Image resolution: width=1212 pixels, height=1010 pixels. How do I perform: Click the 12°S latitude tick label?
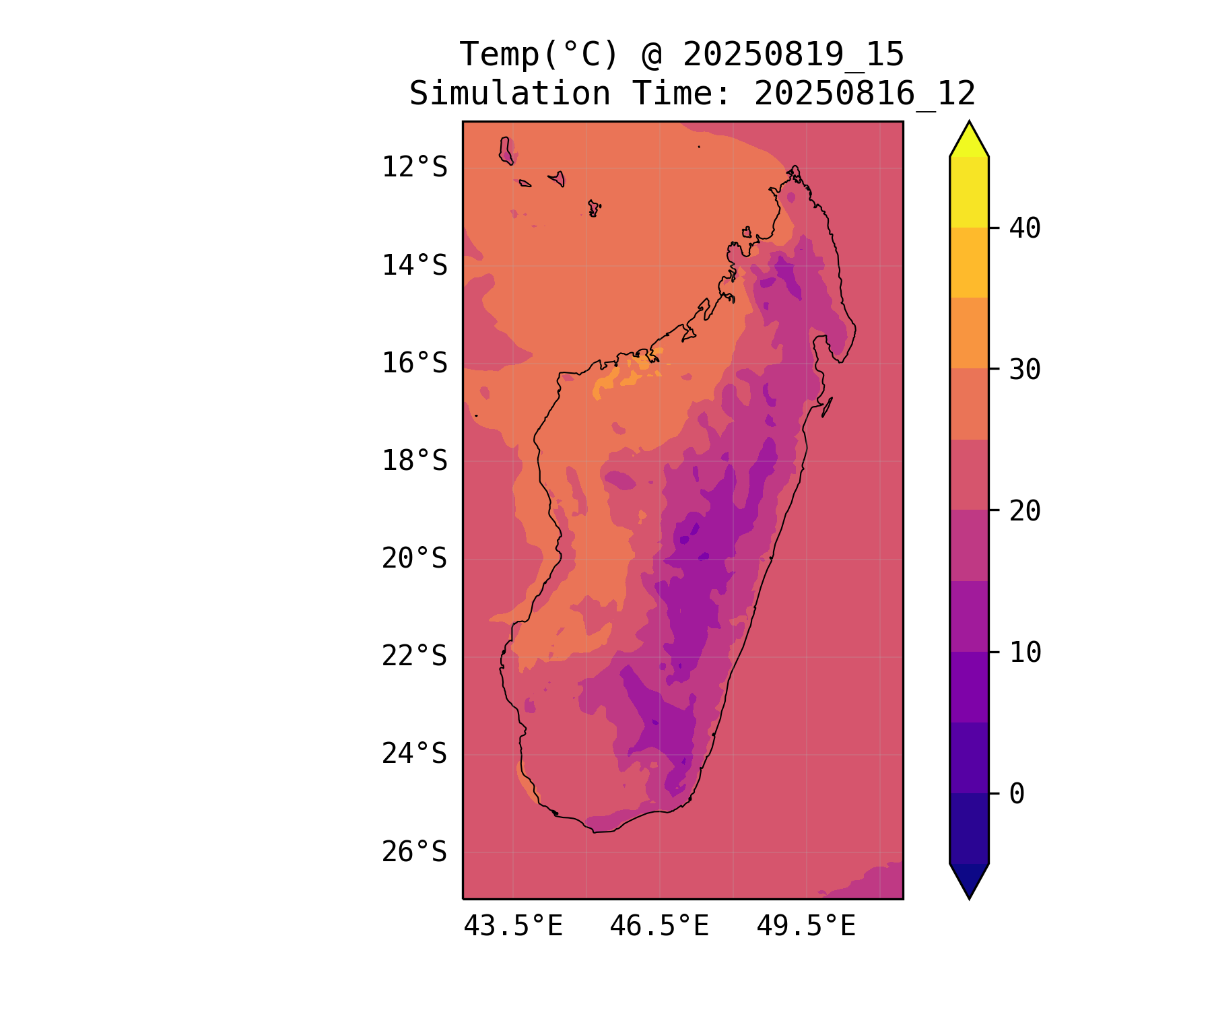tap(414, 167)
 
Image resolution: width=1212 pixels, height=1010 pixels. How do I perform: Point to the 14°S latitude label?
tap(414, 265)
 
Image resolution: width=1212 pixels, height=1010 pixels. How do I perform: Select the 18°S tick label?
tap(414, 461)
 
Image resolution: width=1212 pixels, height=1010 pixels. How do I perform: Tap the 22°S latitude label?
tap(414, 656)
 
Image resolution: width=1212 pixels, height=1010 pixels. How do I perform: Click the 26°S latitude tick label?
tap(414, 852)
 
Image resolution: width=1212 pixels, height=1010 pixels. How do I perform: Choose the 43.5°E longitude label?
tap(513, 927)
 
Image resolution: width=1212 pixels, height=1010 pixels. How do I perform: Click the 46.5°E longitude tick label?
tap(659, 927)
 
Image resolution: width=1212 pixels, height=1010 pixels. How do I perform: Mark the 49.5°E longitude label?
tap(806, 927)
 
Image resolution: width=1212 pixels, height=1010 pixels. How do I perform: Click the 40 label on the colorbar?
tap(1025, 228)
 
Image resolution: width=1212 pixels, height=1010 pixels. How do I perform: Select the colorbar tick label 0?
tap(1017, 794)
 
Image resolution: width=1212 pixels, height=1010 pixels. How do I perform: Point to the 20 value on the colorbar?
tap(1025, 511)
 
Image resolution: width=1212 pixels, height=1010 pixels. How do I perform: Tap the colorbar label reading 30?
tap(1025, 370)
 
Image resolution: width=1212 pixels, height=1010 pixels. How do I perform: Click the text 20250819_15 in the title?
tap(793, 55)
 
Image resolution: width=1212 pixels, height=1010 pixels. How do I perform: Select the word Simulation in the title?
tap(510, 94)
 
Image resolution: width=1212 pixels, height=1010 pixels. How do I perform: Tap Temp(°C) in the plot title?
tap(539, 55)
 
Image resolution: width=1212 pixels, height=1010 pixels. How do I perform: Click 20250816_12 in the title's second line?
tap(865, 94)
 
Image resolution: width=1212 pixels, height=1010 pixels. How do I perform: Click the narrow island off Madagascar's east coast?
tap(828, 407)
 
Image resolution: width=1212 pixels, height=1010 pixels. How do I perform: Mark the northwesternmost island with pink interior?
tap(506, 150)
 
